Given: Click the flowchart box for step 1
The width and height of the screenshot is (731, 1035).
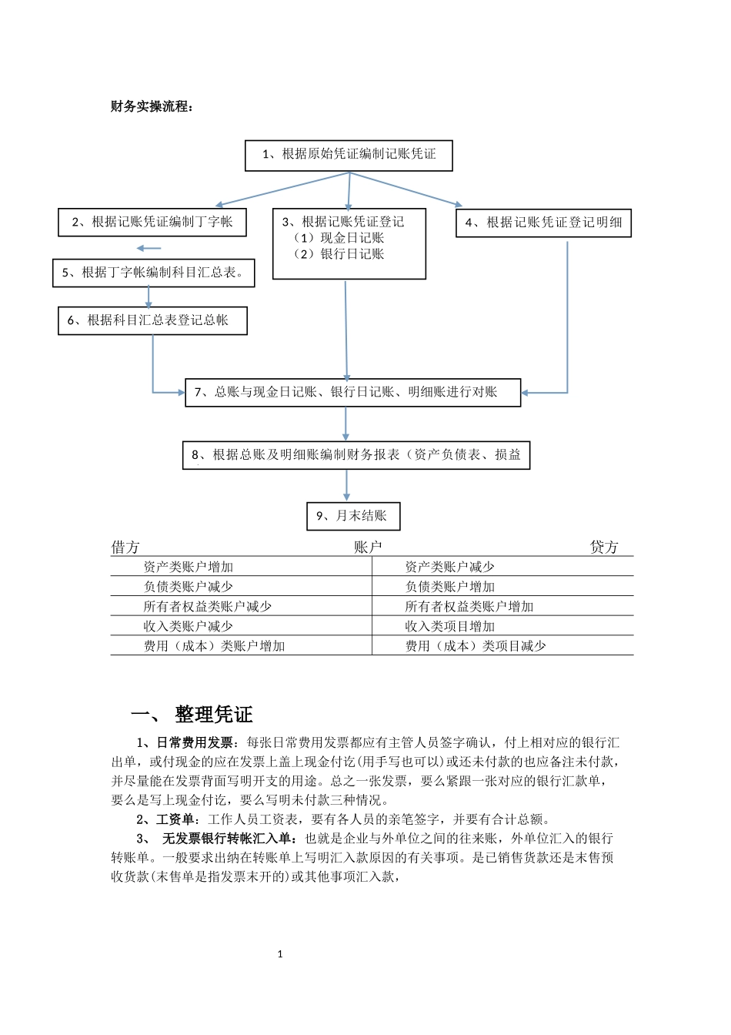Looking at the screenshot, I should point(349,155).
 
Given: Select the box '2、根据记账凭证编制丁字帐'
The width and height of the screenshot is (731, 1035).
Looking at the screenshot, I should point(152,223).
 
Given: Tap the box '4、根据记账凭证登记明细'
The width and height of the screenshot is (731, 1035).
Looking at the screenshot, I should point(543,223).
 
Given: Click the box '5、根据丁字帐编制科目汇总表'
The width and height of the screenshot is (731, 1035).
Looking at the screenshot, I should point(153,273).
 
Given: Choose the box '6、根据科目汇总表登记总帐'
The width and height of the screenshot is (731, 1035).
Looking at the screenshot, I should point(152,320).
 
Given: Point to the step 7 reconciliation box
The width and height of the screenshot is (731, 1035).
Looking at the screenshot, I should point(352,392).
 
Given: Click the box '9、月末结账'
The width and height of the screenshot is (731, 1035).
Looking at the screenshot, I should point(353,516).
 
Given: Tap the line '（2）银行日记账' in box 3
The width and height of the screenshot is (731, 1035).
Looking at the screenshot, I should point(339,254).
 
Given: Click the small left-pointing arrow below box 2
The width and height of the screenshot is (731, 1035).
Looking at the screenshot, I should point(149,248).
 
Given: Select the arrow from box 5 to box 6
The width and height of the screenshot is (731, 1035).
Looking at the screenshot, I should point(149,297).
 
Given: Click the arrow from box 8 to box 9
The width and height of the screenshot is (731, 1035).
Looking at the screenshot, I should point(347,486).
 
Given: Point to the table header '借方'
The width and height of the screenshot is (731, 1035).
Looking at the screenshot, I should point(125,548).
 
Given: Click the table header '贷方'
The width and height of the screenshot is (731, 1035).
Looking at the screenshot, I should point(604,548).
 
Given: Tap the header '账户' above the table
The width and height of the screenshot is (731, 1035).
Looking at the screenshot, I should point(368,548).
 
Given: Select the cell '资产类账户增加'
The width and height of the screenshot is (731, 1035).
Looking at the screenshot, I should point(188,567).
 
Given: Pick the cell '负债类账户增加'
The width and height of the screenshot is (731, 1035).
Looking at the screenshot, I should point(450,587).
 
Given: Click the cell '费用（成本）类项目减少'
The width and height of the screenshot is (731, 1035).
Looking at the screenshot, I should point(476,646).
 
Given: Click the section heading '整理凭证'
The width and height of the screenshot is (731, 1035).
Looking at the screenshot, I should point(214,715).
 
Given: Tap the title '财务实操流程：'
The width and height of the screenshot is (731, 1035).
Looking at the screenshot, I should point(152,107).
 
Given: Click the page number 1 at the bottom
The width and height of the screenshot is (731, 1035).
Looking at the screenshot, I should point(280,954).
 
